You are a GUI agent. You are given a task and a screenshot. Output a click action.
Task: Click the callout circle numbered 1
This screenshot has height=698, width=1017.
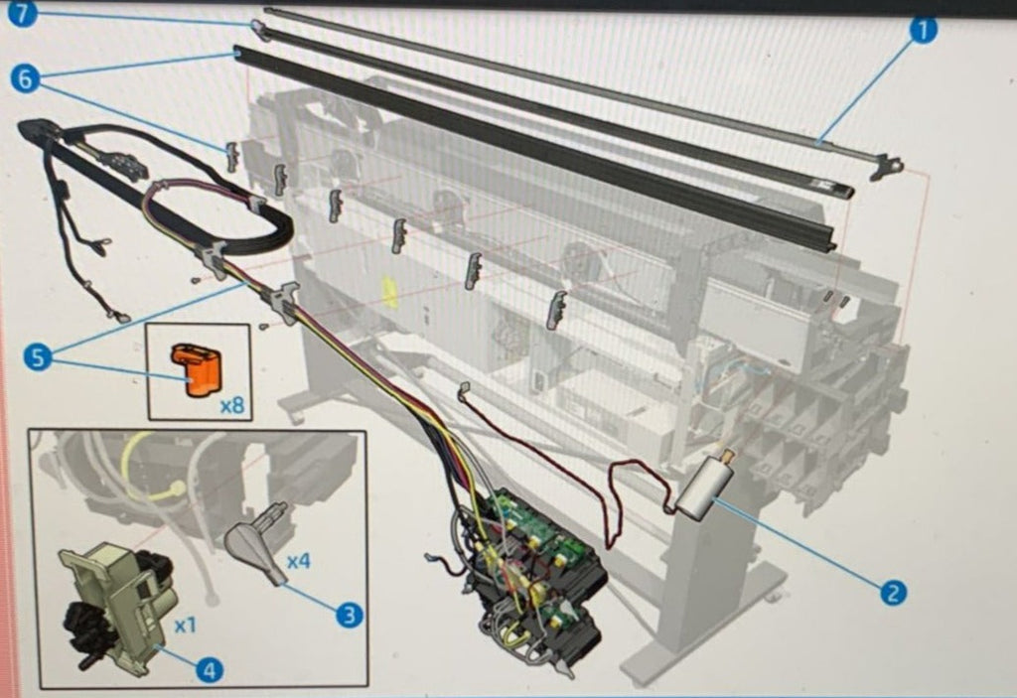tap(923, 30)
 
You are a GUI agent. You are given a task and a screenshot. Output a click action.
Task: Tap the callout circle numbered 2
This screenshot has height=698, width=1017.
tap(893, 592)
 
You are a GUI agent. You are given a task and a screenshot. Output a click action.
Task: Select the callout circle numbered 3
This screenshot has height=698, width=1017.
tap(349, 614)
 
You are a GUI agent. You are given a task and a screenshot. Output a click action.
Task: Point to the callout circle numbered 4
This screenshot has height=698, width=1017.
tap(209, 668)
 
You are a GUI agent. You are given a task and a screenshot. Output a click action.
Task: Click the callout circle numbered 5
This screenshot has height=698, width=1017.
tap(38, 357)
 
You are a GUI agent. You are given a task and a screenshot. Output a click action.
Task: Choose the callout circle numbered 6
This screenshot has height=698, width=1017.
tap(25, 79)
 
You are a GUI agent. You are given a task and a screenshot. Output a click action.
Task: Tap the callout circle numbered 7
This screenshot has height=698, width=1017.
tap(23, 13)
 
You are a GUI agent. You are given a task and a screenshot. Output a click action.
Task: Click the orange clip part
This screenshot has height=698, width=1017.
tap(197, 369)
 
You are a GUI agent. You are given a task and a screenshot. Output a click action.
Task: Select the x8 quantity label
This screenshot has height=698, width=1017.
tap(232, 406)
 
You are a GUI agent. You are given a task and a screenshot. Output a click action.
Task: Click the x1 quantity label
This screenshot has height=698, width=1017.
tap(185, 626)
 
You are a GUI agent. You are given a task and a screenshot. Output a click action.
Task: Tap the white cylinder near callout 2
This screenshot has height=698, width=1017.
tap(704, 487)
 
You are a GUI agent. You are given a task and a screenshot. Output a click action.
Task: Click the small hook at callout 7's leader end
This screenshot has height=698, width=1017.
tap(259, 29)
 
